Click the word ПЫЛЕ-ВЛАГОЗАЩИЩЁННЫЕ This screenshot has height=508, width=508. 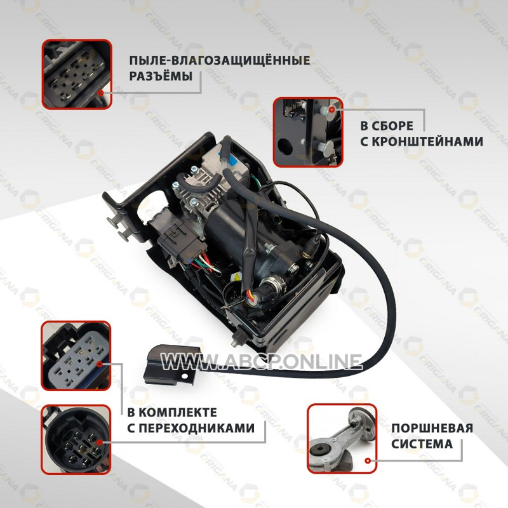(x=220, y=60)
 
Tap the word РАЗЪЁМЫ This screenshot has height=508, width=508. (x=161, y=76)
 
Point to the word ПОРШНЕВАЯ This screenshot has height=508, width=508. (x=432, y=428)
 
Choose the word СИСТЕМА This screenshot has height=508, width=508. (x=422, y=444)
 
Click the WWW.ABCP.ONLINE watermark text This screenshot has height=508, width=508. (x=261, y=361)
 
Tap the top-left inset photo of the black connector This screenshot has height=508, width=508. (x=77, y=74)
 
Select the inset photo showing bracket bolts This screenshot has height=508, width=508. (x=308, y=132)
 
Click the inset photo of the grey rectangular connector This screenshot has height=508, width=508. (x=76, y=356)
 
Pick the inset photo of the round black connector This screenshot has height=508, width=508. (x=76, y=439)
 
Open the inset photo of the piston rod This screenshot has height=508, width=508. (x=342, y=438)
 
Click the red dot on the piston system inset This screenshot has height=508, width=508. (x=368, y=460)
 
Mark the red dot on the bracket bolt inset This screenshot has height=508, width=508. (x=331, y=109)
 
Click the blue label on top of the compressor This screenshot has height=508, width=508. (x=231, y=158)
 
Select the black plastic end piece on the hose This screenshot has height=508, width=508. (x=171, y=364)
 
